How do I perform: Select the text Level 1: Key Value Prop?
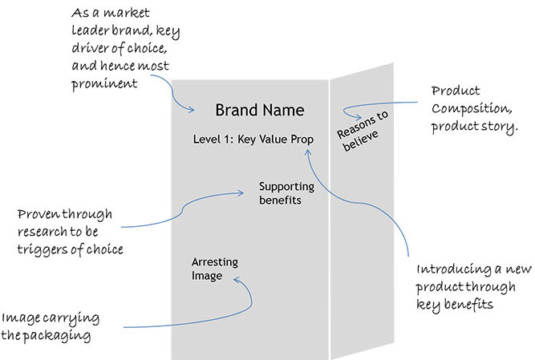[x=253, y=139]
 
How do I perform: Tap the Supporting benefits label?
[x=280, y=193]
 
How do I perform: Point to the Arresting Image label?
[x=215, y=269]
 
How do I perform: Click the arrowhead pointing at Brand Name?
[x=195, y=111]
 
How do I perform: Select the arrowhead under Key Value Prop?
[x=314, y=148]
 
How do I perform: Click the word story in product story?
[x=497, y=127]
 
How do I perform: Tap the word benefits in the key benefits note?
[x=465, y=305]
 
